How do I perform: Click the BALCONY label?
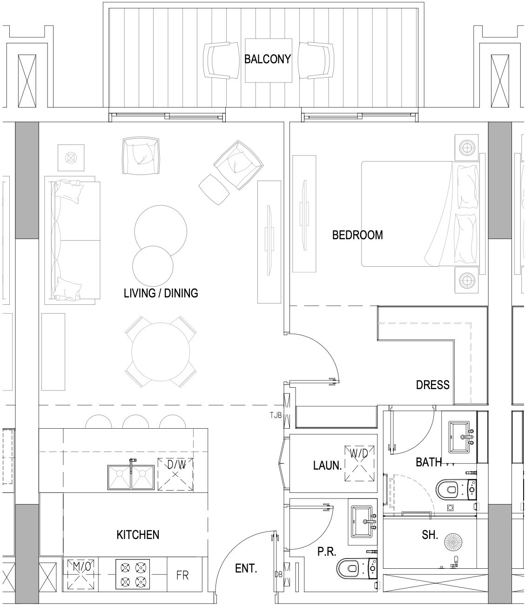pos(267,59)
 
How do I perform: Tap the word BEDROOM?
pos(357,235)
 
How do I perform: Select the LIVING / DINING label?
pos(161,293)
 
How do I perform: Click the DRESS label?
pos(433,385)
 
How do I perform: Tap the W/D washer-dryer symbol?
pos(359,464)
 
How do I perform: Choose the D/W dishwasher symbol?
pos(175,474)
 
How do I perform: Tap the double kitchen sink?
pos(131,477)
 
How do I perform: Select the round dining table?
pos(161,352)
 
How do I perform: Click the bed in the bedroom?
pos(420,214)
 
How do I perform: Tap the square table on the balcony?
pos(269,61)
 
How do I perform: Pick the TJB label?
pos(276,415)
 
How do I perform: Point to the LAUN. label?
pos(328,465)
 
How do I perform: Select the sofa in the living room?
pos(73,241)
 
